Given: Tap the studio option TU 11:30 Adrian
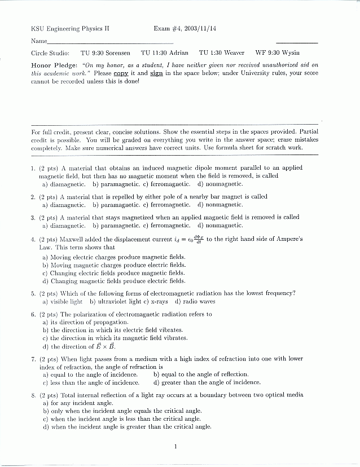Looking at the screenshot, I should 165,52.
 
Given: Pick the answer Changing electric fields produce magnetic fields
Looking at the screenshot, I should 113,272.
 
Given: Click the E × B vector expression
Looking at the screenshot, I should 104,346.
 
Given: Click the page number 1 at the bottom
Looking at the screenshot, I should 176,447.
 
